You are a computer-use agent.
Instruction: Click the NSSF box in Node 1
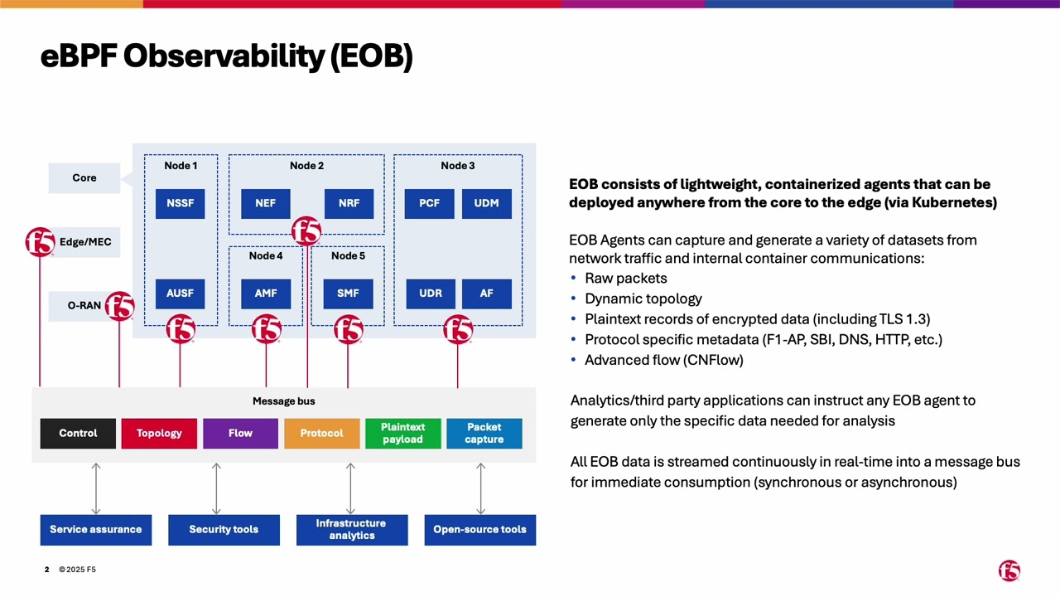click(180, 203)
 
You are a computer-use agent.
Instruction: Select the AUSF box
click(180, 294)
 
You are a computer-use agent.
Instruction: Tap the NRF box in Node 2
click(349, 203)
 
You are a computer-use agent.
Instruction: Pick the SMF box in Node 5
click(348, 294)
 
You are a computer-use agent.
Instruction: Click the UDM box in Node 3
click(486, 203)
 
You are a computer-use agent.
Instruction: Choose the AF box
click(486, 294)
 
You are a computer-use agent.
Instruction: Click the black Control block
click(78, 434)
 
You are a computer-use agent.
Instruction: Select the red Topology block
click(159, 434)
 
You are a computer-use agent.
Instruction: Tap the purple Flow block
click(240, 434)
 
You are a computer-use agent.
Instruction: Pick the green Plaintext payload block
click(402, 434)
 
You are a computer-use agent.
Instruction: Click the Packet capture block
click(484, 434)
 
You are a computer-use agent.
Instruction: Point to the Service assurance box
click(95, 530)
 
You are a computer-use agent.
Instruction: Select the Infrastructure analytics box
click(351, 530)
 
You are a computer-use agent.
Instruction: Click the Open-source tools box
click(479, 530)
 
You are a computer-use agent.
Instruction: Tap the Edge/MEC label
click(84, 242)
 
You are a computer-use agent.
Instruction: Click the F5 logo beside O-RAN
click(120, 307)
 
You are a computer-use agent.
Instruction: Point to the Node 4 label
click(265, 256)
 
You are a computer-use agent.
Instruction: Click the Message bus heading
click(283, 401)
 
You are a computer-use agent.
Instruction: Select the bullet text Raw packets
click(625, 279)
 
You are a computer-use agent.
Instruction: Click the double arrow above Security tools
click(216, 489)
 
